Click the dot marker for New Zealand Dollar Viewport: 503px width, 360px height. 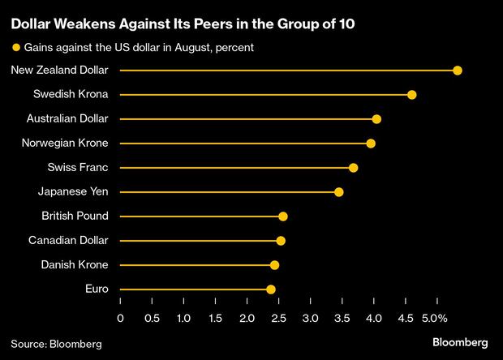(x=458, y=71)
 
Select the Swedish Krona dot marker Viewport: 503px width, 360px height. (x=412, y=95)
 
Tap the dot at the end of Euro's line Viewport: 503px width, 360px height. (x=271, y=289)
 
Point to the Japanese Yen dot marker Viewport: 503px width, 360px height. (x=339, y=192)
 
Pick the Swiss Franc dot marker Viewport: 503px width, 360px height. (x=353, y=168)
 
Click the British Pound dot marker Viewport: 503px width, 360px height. (x=283, y=216)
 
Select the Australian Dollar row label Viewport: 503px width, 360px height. (x=73, y=119)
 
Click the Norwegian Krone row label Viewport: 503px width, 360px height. (x=74, y=144)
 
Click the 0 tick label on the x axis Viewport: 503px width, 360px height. (x=120, y=318)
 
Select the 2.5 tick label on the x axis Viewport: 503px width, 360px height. (x=278, y=318)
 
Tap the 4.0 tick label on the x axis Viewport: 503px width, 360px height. (x=373, y=318)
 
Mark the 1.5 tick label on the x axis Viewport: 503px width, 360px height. (x=215, y=318)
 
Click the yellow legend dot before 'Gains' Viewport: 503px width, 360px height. (x=15, y=48)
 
